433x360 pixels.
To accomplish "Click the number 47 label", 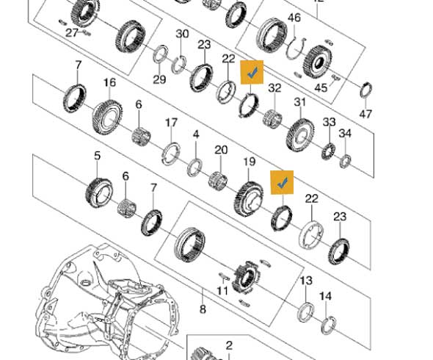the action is (x=365, y=113).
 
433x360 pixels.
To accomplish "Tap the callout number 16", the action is (x=109, y=82).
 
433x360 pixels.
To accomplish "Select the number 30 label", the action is (x=182, y=34).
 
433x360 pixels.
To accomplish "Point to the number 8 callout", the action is (x=203, y=309).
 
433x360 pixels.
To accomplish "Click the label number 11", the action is (x=222, y=290).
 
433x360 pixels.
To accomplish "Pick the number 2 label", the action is (x=229, y=345).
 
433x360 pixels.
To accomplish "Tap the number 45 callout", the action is (x=321, y=88).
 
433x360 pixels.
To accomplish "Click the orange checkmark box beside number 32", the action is (x=252, y=72).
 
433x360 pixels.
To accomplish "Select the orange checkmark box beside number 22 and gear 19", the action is (x=282, y=182).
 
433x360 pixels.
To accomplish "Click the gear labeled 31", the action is (x=300, y=134).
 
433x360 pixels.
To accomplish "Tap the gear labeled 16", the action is (x=107, y=117).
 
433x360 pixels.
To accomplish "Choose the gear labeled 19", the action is (x=250, y=199).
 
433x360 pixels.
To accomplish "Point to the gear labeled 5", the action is (x=99, y=192).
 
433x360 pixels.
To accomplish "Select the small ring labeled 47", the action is (x=366, y=90).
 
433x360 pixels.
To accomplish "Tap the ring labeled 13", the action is (x=306, y=312).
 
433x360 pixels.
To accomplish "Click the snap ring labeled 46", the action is (x=296, y=48).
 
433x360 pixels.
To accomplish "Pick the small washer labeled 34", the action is (x=345, y=162).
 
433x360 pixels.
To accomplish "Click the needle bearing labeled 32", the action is (x=272, y=118).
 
